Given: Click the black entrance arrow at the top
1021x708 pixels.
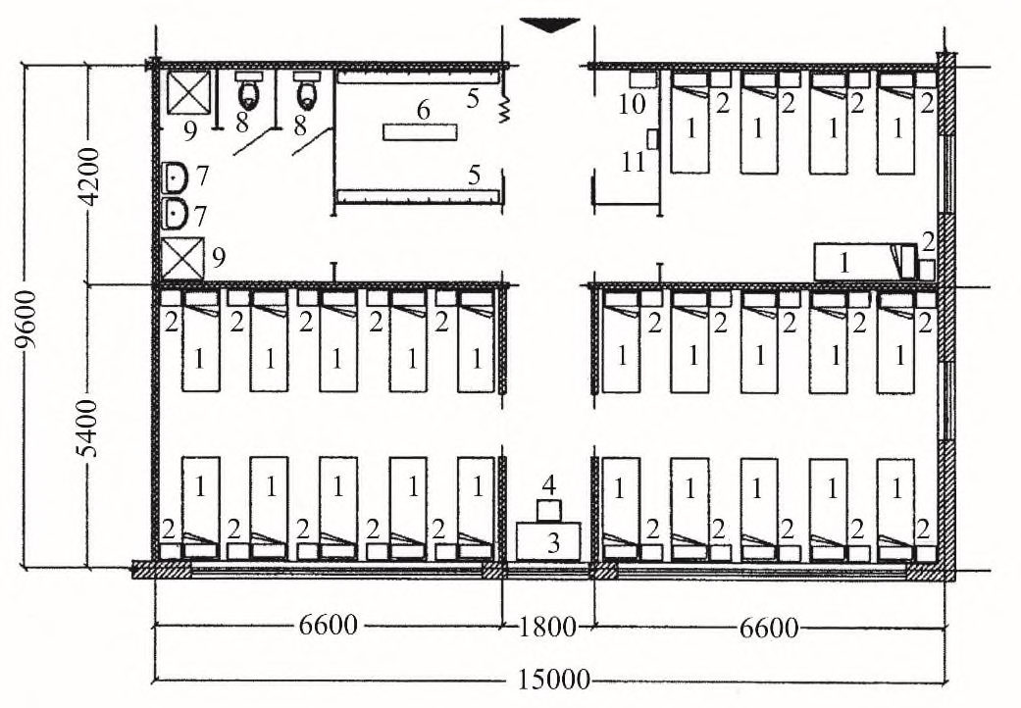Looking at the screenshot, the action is (x=549, y=25).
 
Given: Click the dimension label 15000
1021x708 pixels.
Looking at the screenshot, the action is (x=553, y=680).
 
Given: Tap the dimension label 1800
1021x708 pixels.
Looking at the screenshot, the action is (x=547, y=627).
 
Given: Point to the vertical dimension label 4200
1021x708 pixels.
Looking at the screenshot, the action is (x=89, y=177).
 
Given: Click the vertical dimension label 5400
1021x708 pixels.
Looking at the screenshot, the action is (x=88, y=428).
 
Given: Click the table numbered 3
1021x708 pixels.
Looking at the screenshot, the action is (x=548, y=540).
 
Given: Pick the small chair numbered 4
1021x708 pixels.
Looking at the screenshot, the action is (x=549, y=510).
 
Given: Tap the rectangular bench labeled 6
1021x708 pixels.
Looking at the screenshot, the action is (x=420, y=132).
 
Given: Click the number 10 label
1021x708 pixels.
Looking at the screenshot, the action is (x=631, y=104).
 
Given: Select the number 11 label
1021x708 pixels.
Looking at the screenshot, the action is (x=633, y=162).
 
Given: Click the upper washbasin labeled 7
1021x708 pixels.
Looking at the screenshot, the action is (x=175, y=177).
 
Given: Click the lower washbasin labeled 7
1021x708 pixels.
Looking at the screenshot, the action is (x=175, y=215).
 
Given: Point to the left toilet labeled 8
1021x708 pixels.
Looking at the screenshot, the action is (x=248, y=92).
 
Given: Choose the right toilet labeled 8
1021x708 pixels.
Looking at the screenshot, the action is (x=307, y=92).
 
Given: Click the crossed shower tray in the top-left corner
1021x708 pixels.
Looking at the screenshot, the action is (x=189, y=92).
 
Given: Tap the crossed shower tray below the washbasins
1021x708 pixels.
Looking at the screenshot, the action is (x=183, y=259).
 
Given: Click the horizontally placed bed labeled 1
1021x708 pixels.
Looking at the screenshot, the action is (x=865, y=262).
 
